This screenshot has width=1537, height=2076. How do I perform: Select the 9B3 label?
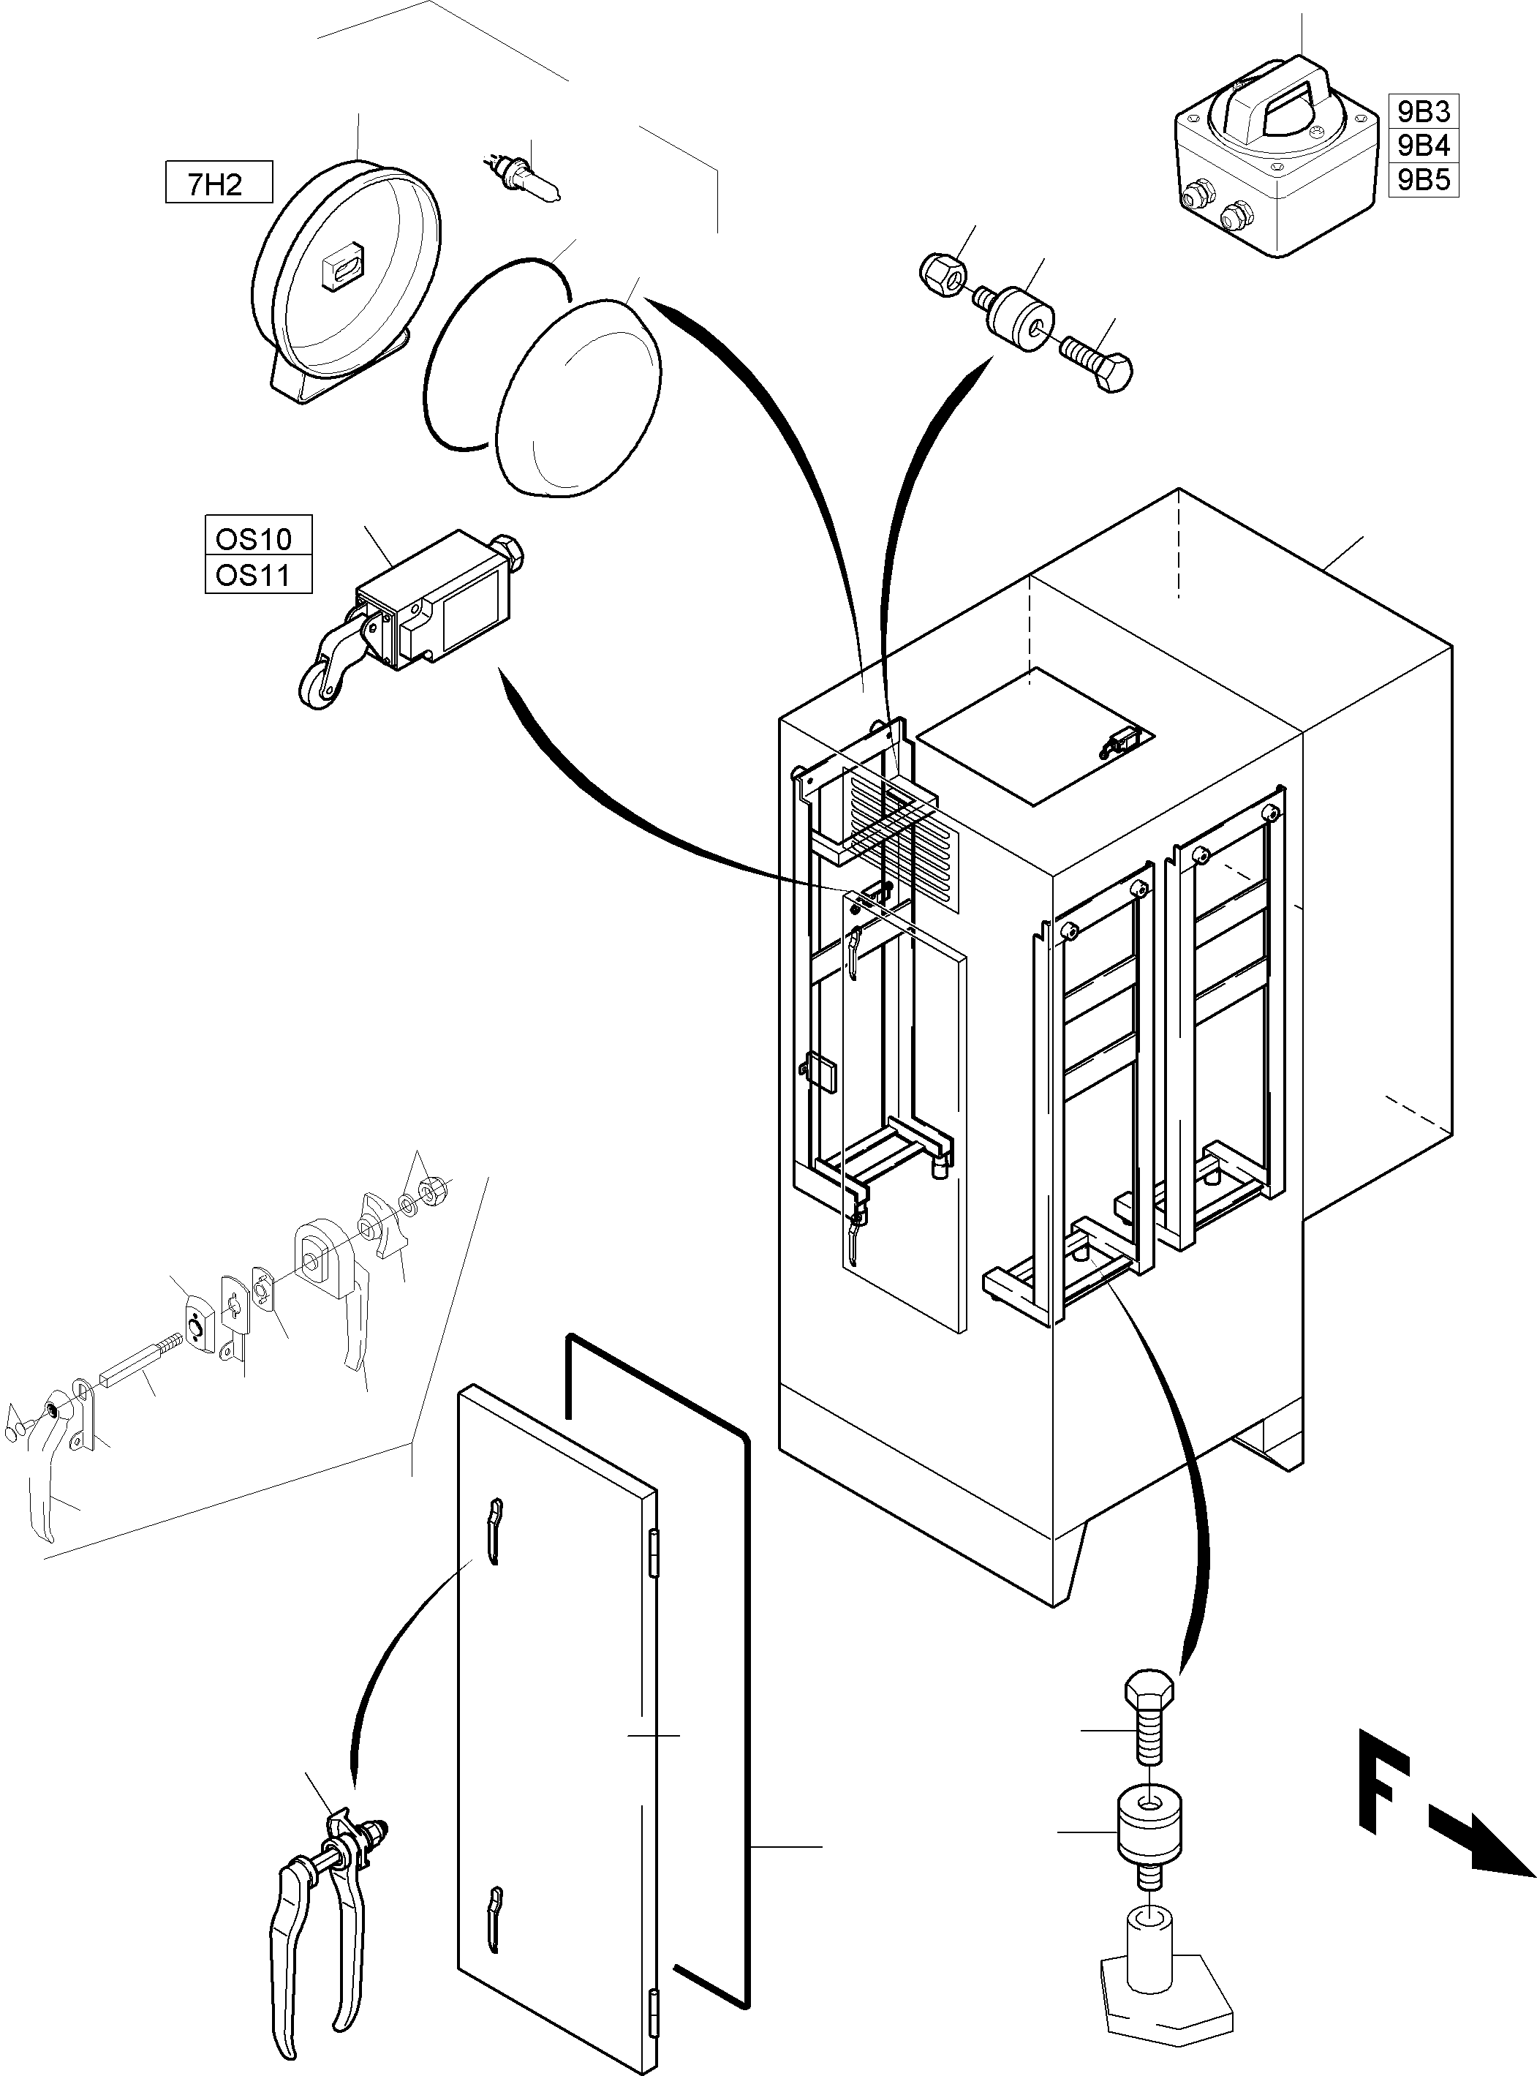1422,112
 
